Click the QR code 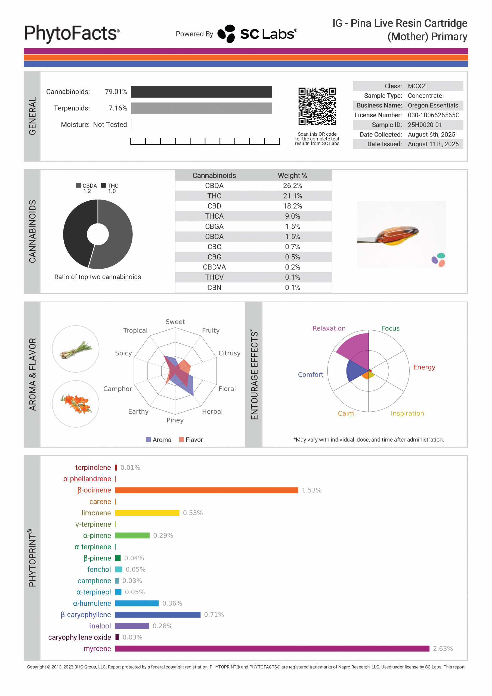[x=317, y=106]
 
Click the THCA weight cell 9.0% [x=292, y=216]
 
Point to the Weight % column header [x=292, y=176]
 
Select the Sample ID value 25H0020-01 [x=424, y=125]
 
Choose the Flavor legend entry [x=191, y=440]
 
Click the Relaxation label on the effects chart [x=329, y=328]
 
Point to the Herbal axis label [x=212, y=411]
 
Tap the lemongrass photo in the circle [x=76, y=349]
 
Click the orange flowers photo [x=76, y=404]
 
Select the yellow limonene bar [x=147, y=513]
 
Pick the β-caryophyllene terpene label [x=86, y=614]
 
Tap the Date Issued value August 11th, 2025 [x=433, y=144]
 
